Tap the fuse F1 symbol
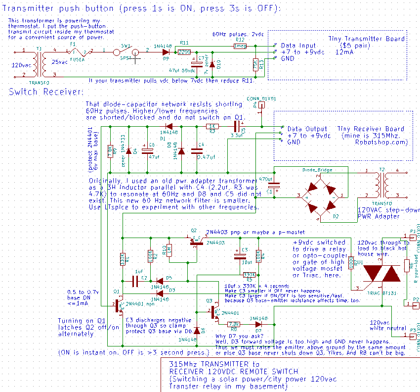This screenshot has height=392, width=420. (x=78, y=51)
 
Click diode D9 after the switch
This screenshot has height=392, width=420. (x=165, y=51)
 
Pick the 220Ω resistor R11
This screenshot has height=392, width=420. (x=184, y=51)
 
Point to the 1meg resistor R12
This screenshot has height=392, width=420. (x=240, y=46)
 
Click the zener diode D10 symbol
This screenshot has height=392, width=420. (x=212, y=64)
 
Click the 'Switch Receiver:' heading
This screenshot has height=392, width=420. (x=46, y=92)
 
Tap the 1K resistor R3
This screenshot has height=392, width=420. (x=212, y=126)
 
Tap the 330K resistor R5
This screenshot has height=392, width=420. (x=251, y=274)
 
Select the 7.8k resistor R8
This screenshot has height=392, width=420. (x=234, y=325)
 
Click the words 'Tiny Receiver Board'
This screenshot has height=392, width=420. (x=371, y=129)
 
